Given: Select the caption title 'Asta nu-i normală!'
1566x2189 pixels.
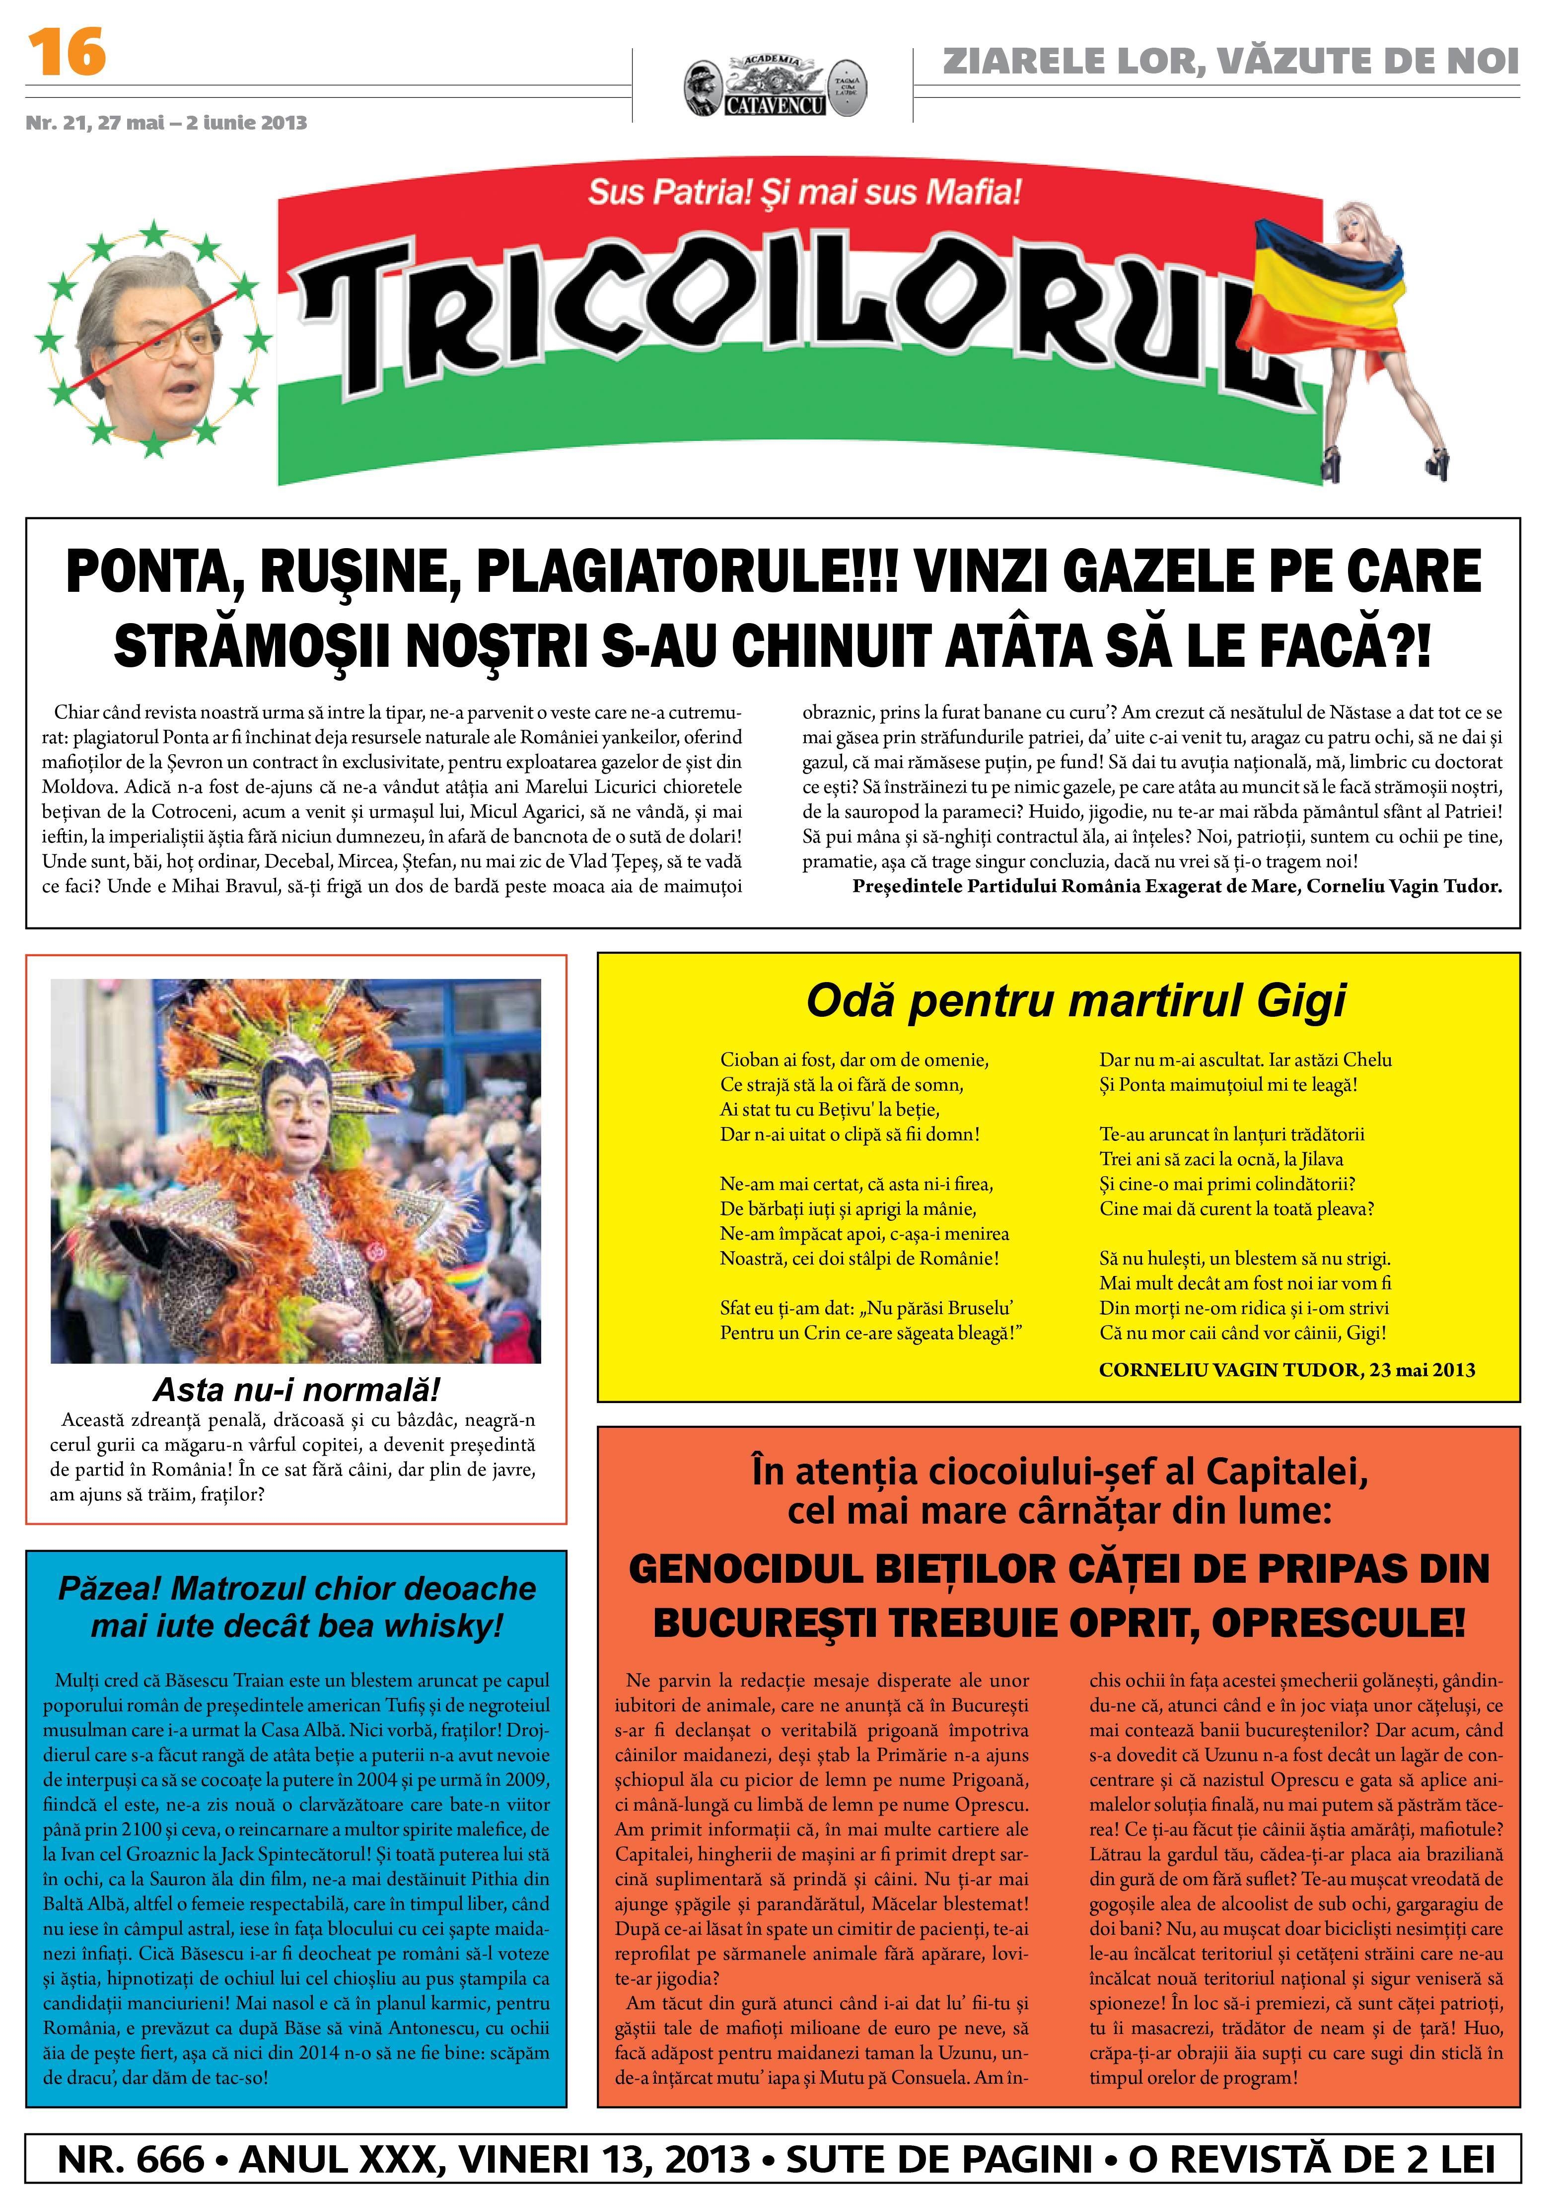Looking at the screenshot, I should (x=296, y=1390).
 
